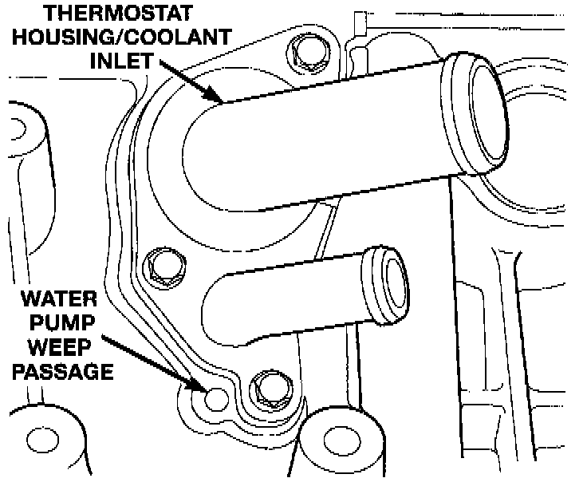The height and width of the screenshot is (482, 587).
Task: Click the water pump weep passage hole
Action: pyautogui.click(x=214, y=396)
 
